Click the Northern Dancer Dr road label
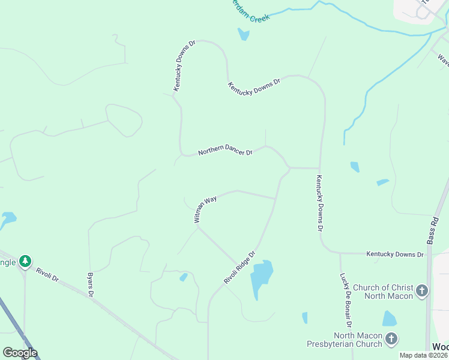(x=226, y=151)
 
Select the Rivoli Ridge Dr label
(x=240, y=268)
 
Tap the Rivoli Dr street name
(x=47, y=275)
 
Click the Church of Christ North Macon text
(x=383, y=292)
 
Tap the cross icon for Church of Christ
(x=422, y=292)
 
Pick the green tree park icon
(x=25, y=262)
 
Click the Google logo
(x=20, y=353)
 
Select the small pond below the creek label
(x=243, y=34)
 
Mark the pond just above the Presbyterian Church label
(x=390, y=318)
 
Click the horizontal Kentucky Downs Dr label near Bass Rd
(x=395, y=254)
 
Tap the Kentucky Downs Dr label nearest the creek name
(x=185, y=66)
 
